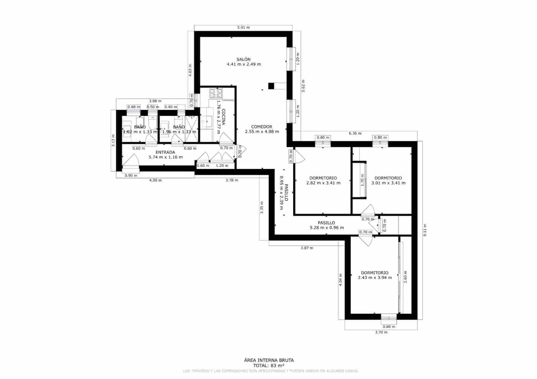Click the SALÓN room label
click(x=243, y=59)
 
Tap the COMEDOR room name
click(x=261, y=127)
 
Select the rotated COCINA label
click(x=224, y=117)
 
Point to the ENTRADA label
click(x=165, y=152)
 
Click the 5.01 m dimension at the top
click(x=243, y=28)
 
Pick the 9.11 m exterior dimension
click(x=425, y=230)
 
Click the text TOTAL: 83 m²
click(x=268, y=366)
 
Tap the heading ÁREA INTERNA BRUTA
click(x=268, y=360)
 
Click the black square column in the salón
click(x=271, y=86)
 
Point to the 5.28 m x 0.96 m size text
click(x=327, y=228)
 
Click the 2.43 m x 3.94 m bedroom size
click(x=375, y=278)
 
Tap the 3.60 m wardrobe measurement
click(x=405, y=277)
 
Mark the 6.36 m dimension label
click(x=355, y=133)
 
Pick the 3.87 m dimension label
click(x=307, y=248)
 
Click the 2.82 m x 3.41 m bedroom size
click(x=323, y=183)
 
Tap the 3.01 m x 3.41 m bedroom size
click(x=388, y=183)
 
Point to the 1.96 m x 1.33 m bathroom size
click(x=179, y=132)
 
